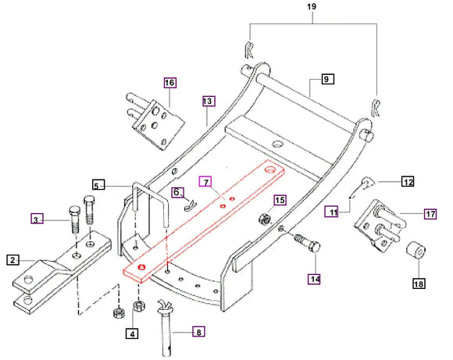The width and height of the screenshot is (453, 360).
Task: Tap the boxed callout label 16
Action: click(x=169, y=82)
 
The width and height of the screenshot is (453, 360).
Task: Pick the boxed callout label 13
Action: click(x=207, y=102)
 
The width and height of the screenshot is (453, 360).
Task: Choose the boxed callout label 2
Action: click(x=13, y=259)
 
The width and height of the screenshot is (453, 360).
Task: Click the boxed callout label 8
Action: click(x=198, y=332)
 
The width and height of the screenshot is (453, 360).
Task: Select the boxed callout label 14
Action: click(x=314, y=276)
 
